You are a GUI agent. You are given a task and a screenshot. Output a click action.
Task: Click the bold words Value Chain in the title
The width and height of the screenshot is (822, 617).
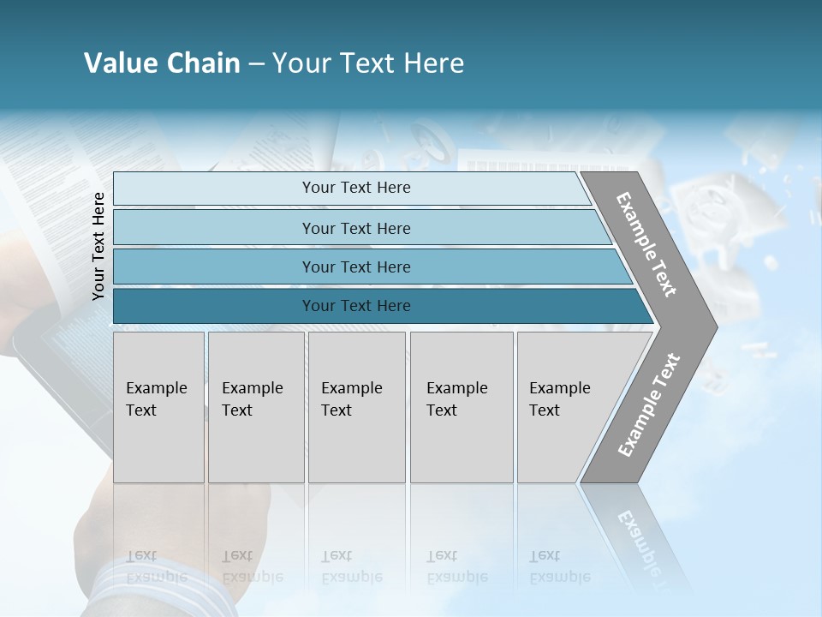tap(162, 63)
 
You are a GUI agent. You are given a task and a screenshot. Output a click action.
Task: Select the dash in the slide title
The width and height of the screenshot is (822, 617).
tap(255, 64)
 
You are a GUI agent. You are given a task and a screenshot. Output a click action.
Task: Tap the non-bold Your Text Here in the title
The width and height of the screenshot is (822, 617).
tap(368, 63)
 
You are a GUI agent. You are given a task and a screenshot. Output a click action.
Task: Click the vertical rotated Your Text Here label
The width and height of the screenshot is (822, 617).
tap(98, 246)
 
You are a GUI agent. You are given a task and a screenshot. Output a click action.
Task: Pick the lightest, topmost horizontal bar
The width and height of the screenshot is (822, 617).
tap(351, 188)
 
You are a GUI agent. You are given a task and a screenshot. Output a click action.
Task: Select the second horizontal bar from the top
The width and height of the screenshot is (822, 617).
tap(355, 228)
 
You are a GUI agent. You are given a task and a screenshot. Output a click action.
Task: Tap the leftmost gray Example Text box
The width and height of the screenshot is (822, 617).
tap(158, 407)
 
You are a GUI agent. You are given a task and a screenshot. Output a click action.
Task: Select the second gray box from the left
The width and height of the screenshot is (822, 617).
tap(256, 407)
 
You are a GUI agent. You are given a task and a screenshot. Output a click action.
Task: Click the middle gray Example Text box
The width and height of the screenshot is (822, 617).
tap(356, 407)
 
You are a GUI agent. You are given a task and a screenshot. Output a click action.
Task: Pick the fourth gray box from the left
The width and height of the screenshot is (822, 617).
tap(462, 407)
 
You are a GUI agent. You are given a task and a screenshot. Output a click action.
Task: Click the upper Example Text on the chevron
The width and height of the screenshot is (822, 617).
tap(646, 244)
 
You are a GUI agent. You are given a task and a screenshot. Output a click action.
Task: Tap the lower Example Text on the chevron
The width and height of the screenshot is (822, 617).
tap(649, 404)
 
